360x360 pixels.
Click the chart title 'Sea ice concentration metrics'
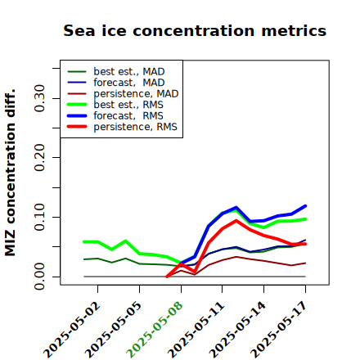(x=195, y=30)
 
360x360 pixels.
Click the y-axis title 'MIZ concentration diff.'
(x=10, y=173)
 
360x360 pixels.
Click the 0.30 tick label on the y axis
(x=40, y=98)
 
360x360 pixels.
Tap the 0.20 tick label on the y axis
(x=40, y=157)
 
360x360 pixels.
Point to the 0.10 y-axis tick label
(x=40, y=217)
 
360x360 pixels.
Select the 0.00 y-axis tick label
(x=40, y=277)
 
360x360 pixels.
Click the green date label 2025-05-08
(x=155, y=330)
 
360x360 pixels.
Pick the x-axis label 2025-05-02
(x=72, y=330)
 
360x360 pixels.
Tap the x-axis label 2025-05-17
(x=279, y=330)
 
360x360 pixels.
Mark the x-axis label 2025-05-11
(x=196, y=330)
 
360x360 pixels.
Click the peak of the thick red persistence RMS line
(x=236, y=220)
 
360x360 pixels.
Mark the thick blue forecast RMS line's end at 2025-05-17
(x=305, y=206)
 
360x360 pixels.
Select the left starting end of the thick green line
(x=84, y=241)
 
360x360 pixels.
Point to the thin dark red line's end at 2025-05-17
(x=305, y=263)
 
